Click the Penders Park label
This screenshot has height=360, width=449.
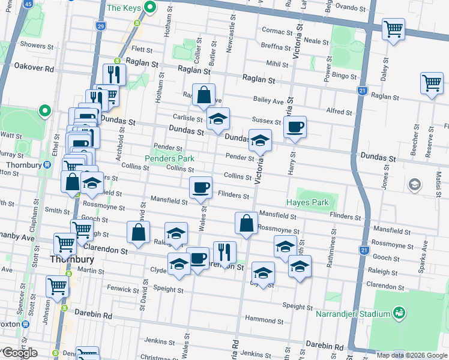[169, 158]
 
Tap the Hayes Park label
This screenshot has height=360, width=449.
[307, 202]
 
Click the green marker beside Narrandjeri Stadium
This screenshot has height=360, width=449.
[399, 313]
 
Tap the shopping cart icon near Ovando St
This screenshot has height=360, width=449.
[393, 28]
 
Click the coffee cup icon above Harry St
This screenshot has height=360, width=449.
[295, 127]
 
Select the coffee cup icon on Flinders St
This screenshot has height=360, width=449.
[200, 188]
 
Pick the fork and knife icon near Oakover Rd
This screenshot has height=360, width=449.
[113, 74]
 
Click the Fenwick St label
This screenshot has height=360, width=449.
[123, 289]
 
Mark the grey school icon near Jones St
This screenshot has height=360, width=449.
[414, 184]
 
